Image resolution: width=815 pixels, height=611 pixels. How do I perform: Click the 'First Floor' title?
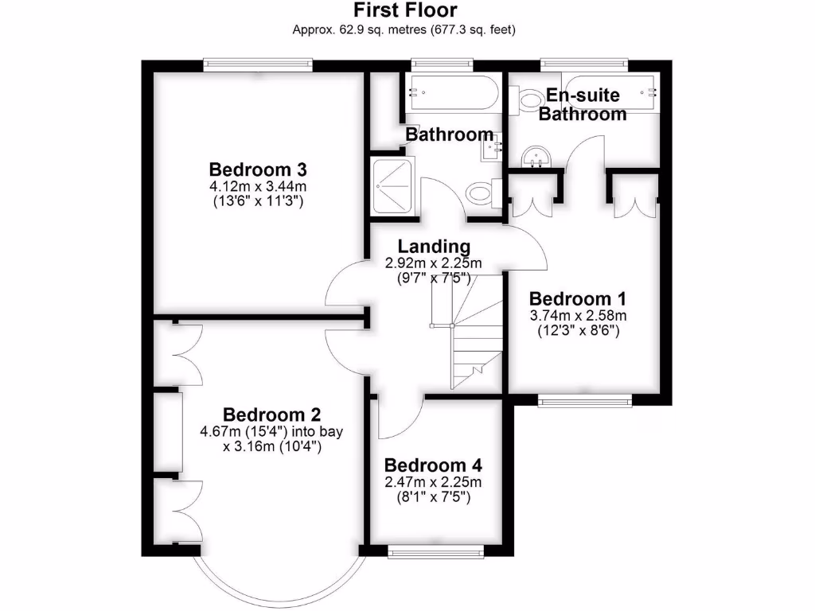[x=405, y=10]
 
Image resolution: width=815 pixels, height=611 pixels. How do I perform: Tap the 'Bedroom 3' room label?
[x=258, y=169]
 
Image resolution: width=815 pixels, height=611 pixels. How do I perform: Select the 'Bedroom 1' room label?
[x=577, y=299]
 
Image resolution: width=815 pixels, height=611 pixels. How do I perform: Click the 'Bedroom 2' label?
[x=271, y=414]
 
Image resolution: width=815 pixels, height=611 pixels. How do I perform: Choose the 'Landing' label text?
[x=434, y=247]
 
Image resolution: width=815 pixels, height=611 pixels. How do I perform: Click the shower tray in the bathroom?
[x=392, y=185]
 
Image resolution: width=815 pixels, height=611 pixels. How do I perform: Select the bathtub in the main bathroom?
[x=452, y=92]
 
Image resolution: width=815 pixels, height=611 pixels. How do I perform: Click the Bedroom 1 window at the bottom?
[x=585, y=400]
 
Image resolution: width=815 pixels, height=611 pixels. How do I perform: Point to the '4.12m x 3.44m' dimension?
[x=258, y=186]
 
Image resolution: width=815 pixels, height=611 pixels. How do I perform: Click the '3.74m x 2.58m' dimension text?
[x=577, y=315]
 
